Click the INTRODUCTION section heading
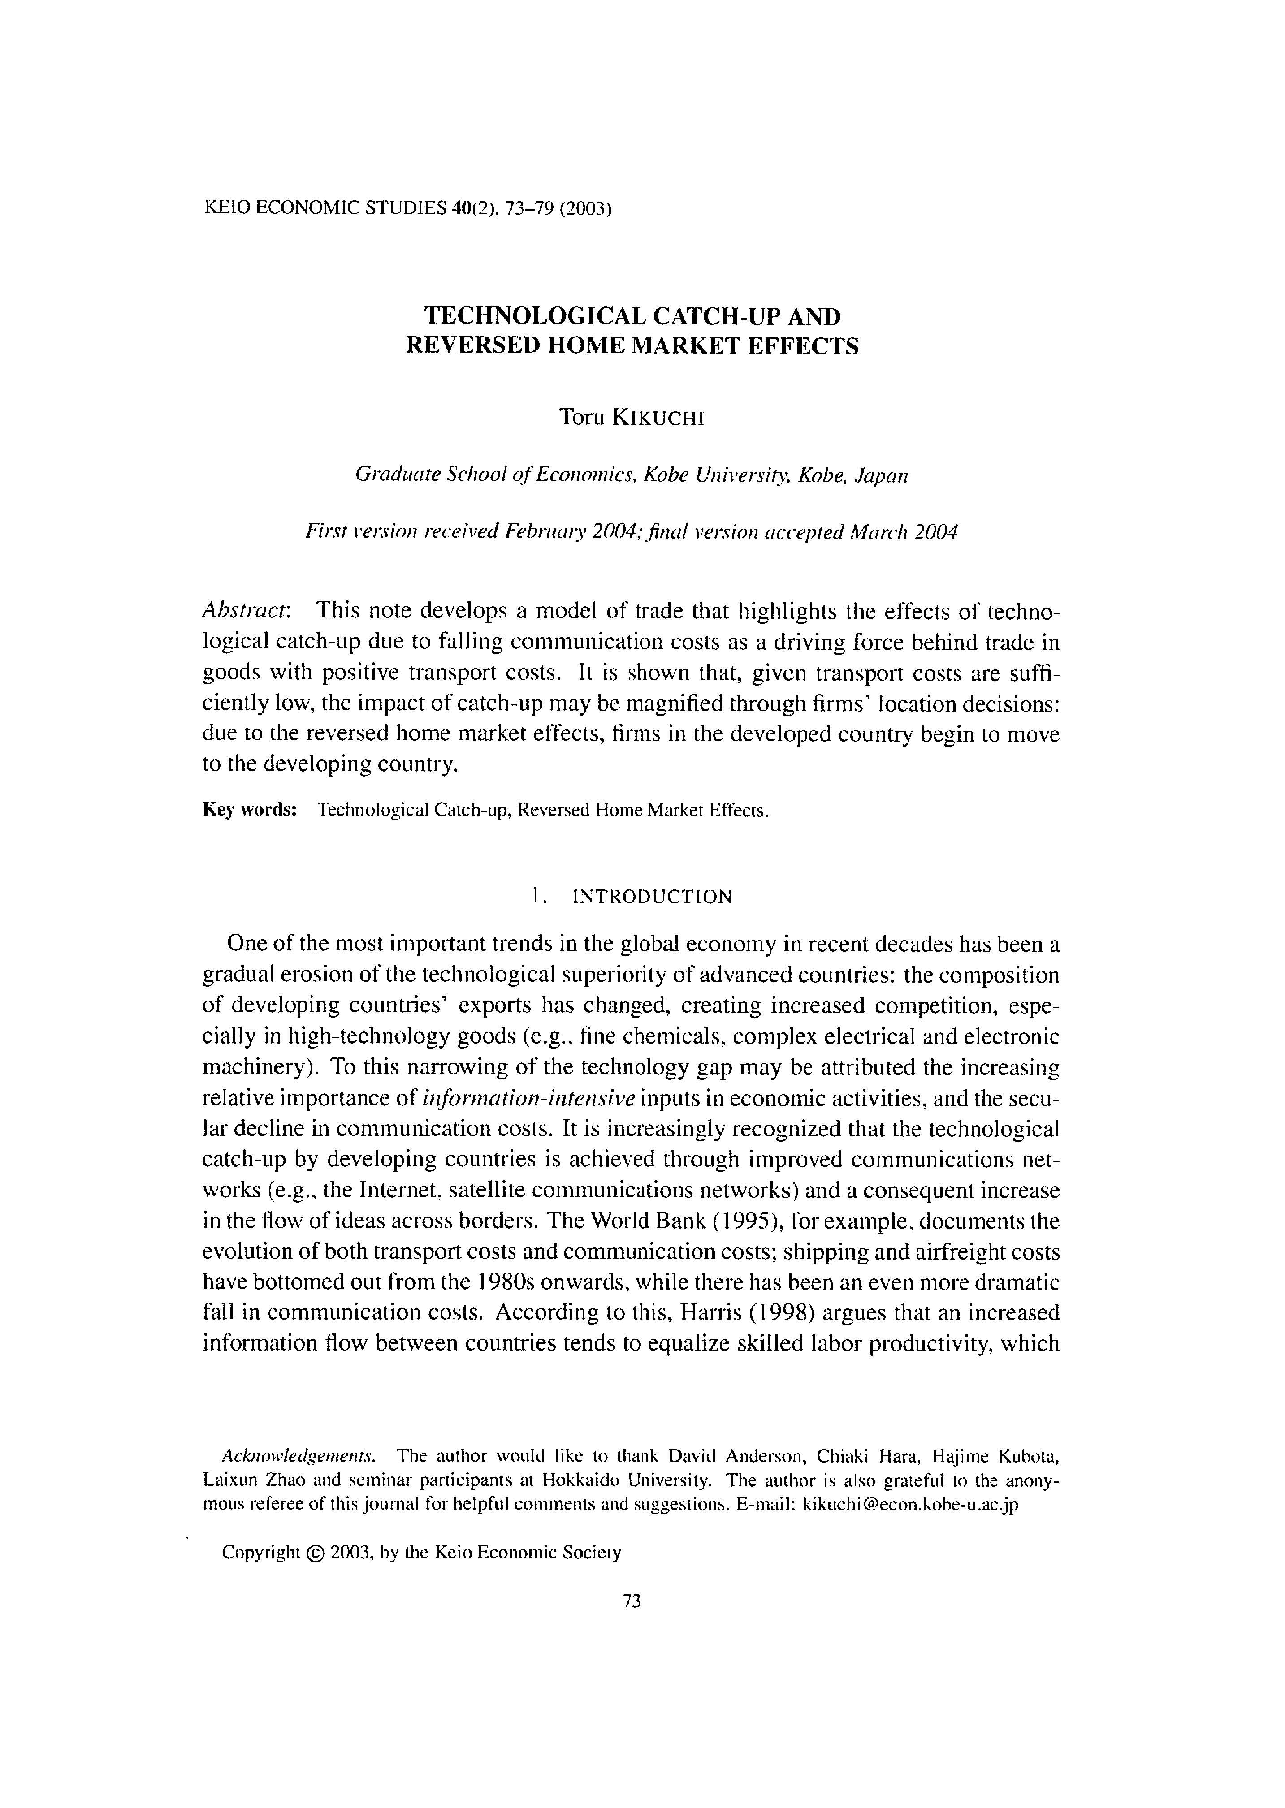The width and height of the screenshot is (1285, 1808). click(x=652, y=897)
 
